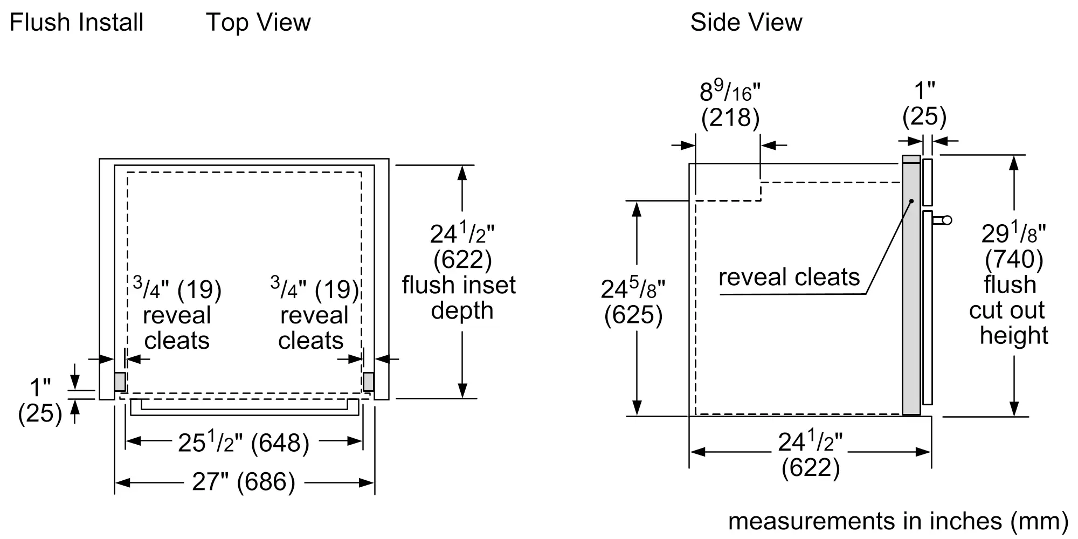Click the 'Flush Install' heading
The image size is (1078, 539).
[77, 23]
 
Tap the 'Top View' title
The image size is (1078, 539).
[258, 23]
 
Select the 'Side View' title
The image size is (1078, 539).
[746, 23]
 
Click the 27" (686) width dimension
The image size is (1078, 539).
[244, 481]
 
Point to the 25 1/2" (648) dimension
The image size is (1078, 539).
[244, 443]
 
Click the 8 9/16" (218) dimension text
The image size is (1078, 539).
[730, 105]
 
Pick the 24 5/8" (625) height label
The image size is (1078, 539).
[633, 302]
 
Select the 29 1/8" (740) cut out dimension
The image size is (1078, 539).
[1013, 246]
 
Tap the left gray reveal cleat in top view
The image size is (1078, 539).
[120, 382]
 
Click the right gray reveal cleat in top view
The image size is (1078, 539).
[369, 382]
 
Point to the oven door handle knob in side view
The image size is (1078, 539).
[946, 220]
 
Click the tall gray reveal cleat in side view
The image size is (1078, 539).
[911, 286]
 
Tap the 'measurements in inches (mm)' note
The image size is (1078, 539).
[898, 521]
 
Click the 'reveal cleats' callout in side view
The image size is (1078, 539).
[789, 277]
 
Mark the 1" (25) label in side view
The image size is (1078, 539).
[924, 103]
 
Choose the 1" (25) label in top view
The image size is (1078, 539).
[40, 400]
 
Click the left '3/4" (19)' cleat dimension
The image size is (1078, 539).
[177, 289]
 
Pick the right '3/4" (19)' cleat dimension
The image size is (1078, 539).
[315, 289]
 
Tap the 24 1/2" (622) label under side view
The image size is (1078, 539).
[810, 454]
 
